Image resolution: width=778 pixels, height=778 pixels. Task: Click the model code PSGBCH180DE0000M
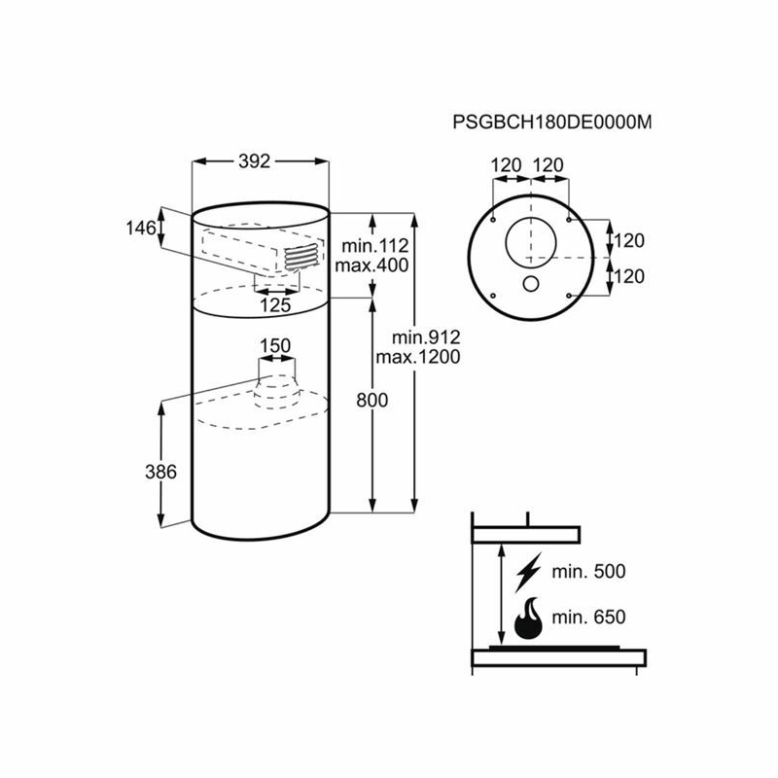pos(551,124)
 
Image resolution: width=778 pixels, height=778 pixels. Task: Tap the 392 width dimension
pos(254,162)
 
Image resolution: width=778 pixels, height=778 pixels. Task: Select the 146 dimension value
pos(140,228)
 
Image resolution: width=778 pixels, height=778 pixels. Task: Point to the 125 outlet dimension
pos(276,305)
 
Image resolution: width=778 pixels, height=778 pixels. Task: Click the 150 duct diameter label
pos(275,345)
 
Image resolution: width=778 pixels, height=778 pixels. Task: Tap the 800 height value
pos(372,400)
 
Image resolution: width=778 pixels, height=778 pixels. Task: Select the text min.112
pos(371,245)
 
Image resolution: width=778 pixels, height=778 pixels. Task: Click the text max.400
pos(371,265)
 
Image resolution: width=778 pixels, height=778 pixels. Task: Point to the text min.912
pos(426,336)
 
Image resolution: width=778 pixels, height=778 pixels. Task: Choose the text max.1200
pos(426,356)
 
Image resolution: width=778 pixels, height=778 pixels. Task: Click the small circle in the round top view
pos(532,284)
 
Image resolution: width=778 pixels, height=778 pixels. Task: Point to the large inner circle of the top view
pos(532,238)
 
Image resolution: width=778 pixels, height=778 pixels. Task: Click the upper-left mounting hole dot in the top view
pos(495,220)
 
